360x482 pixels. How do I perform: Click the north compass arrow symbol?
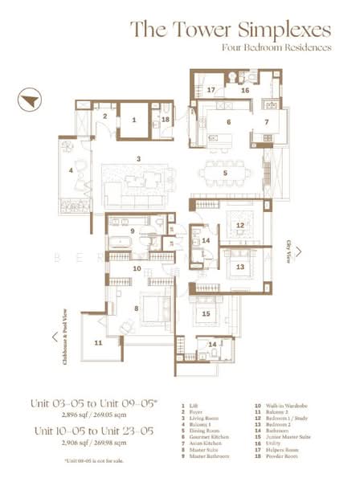(28, 102)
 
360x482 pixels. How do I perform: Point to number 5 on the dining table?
(226, 172)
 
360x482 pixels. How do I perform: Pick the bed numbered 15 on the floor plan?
(206, 314)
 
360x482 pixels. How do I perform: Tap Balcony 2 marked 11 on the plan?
(99, 343)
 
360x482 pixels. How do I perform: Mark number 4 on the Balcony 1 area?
(70, 170)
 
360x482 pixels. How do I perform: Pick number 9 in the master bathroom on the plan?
(132, 231)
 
